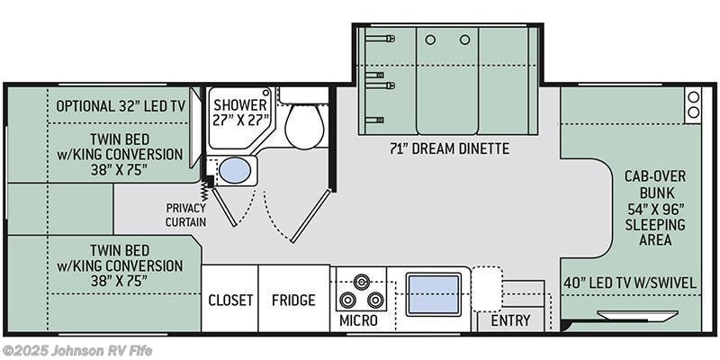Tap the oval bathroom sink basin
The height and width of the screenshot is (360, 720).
coord(235,170)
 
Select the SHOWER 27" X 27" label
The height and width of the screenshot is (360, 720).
coord(240,112)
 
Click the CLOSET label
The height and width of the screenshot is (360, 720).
coord(229,300)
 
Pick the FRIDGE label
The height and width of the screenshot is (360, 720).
coord(293,300)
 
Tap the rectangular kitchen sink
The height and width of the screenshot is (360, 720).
coord(434,294)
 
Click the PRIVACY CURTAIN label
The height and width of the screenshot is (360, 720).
coord(185,214)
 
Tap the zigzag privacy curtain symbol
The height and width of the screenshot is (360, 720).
coord(207,190)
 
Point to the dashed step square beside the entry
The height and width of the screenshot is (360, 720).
coord(487,288)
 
